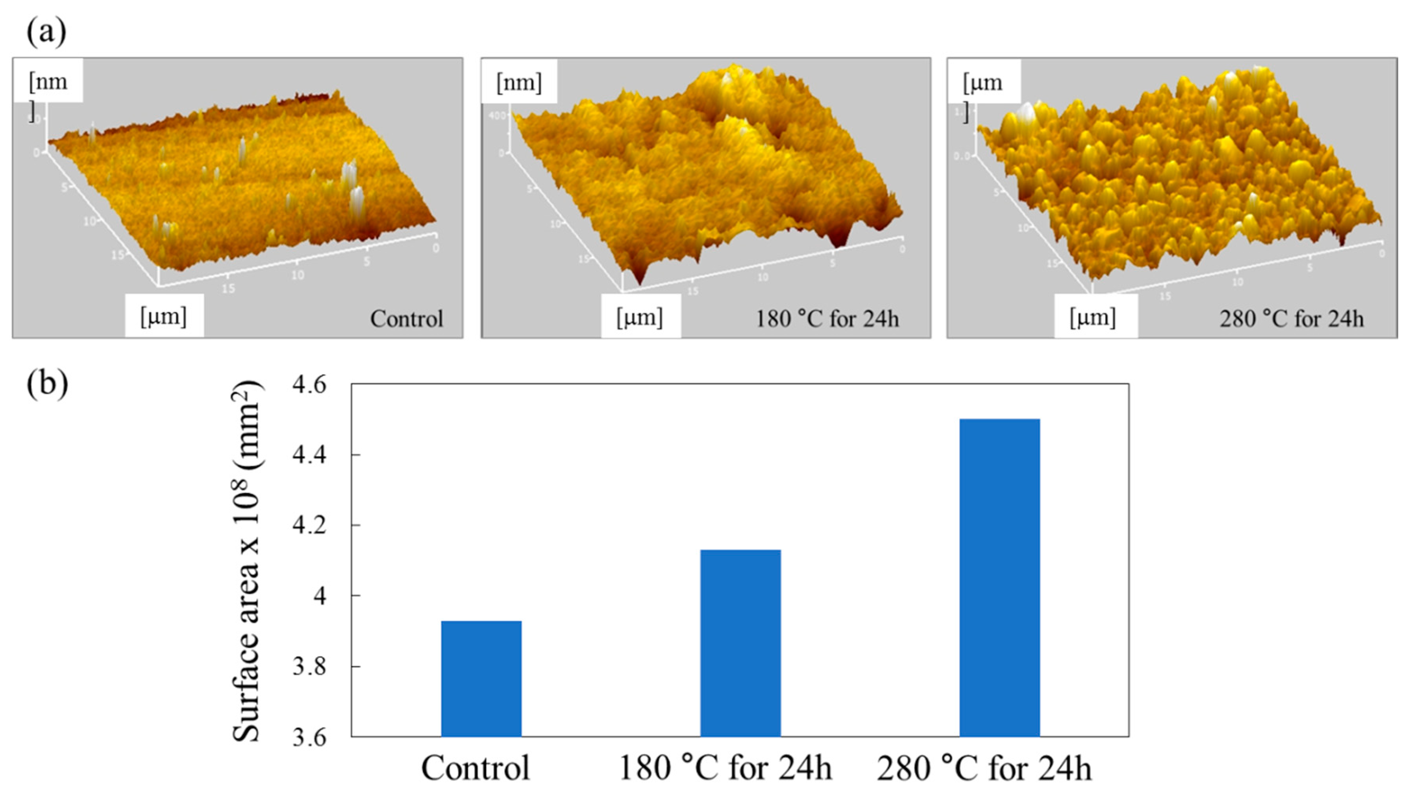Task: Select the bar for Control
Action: click(x=481, y=678)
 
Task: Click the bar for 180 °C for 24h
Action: click(x=740, y=643)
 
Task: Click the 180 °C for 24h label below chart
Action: click(x=725, y=768)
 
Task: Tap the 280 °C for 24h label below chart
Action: click(x=985, y=768)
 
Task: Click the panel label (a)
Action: click(x=46, y=32)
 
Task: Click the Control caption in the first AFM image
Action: click(x=406, y=319)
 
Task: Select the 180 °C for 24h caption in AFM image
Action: click(x=827, y=319)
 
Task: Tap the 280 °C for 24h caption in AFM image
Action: click(x=1292, y=319)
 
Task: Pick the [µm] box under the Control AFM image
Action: click(x=164, y=316)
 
